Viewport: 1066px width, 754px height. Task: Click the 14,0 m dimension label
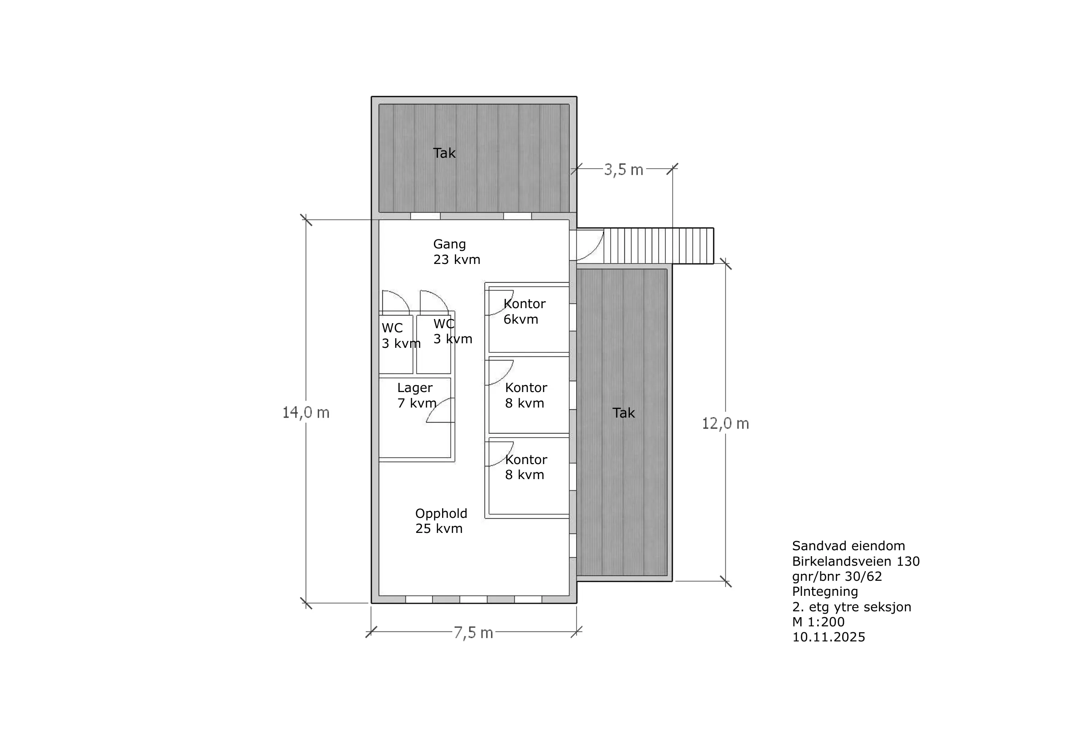tap(306, 412)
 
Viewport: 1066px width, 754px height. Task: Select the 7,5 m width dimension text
tap(473, 633)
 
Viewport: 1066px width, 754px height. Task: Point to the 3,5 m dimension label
tap(623, 170)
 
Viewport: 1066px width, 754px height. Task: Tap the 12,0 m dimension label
tap(725, 423)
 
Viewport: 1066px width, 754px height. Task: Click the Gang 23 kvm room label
tap(457, 252)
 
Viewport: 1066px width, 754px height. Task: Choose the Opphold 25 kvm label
tap(441, 521)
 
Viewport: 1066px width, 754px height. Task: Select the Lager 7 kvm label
tap(417, 396)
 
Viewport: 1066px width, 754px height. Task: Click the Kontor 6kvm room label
tap(525, 311)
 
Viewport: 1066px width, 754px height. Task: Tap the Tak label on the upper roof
tap(444, 153)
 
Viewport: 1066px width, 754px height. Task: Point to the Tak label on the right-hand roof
tap(623, 413)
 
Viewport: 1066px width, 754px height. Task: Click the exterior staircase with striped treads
tap(659, 246)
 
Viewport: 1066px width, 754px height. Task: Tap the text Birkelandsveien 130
tap(856, 561)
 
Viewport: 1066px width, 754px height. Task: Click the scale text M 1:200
tap(818, 622)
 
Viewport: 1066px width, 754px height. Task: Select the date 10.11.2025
tap(829, 637)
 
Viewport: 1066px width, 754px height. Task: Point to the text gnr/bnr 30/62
tap(837, 577)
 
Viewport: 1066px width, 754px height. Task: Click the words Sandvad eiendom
tap(849, 546)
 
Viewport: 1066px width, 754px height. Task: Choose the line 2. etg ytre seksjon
tap(851, 607)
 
